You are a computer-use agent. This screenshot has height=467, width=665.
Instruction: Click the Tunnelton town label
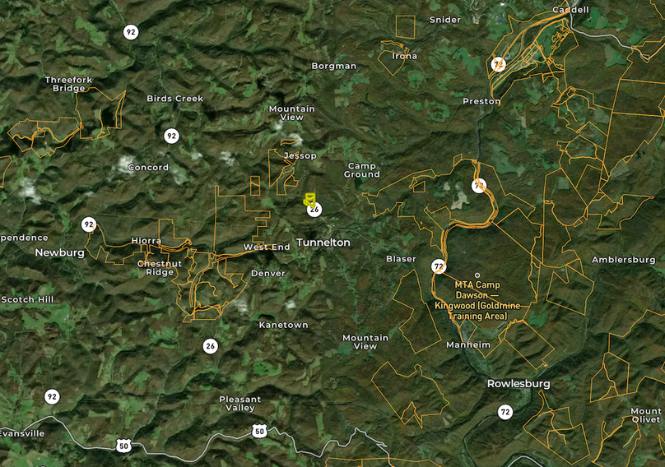323,243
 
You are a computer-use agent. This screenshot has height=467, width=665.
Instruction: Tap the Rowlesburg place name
518,384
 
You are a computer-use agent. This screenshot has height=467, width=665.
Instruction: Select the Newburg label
59,253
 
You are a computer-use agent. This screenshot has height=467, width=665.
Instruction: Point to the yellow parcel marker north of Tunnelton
309,199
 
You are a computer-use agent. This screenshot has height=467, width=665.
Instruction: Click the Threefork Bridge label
69,84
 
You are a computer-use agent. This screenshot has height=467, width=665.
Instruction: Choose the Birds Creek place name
174,99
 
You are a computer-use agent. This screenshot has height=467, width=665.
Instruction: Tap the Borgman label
333,66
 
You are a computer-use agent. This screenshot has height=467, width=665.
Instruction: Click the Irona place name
404,56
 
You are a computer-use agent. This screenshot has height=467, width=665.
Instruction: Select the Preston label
481,101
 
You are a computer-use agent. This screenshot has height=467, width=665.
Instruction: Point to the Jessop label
300,155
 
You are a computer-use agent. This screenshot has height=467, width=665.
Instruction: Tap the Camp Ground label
361,170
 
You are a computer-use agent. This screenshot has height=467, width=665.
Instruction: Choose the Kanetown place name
283,325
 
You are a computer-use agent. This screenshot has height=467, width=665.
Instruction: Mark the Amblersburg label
623,260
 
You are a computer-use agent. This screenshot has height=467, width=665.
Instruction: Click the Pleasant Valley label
239,404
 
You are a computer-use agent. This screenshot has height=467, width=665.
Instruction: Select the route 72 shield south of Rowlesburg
505,411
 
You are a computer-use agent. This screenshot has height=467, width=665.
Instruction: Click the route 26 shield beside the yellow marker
314,210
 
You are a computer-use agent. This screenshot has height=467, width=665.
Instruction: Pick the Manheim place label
467,344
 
